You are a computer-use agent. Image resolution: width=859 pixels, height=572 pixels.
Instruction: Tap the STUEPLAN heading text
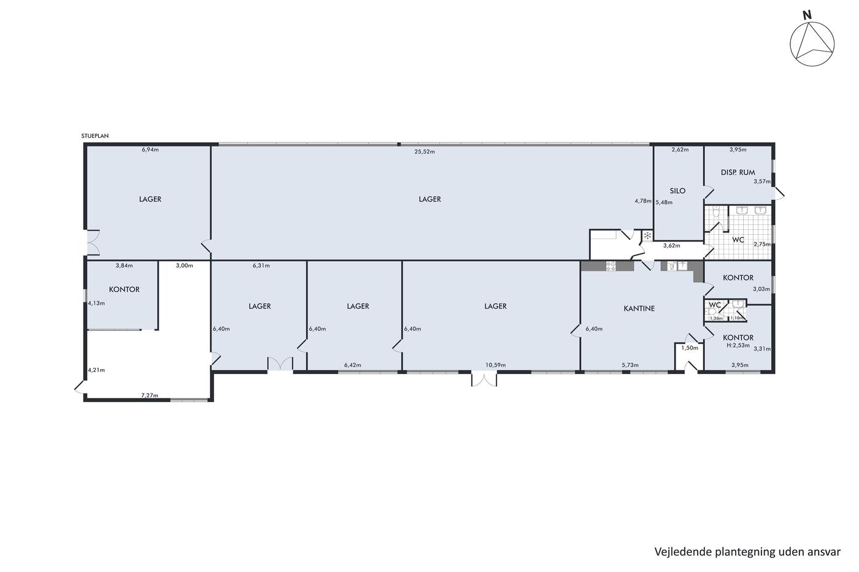pyautogui.click(x=94, y=136)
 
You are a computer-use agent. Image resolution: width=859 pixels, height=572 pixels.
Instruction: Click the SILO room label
pyautogui.click(x=677, y=191)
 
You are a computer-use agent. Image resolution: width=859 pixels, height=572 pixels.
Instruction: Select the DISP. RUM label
pyautogui.click(x=738, y=172)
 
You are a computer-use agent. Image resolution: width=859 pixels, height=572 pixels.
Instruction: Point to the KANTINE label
pyautogui.click(x=639, y=308)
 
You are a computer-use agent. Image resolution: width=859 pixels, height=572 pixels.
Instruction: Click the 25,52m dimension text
pyautogui.click(x=425, y=151)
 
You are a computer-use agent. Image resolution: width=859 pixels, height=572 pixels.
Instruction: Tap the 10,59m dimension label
pyautogui.click(x=496, y=365)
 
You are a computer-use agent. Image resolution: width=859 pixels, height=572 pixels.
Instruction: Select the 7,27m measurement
pyautogui.click(x=150, y=395)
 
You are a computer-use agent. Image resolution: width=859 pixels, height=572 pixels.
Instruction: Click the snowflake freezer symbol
pyautogui.click(x=647, y=236)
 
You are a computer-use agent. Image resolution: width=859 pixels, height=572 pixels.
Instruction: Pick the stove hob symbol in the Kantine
pyautogui.click(x=611, y=266)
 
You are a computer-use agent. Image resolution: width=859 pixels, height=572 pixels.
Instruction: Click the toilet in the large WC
pyautogui.click(x=715, y=213)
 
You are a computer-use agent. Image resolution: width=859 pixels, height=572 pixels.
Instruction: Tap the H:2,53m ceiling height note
pyautogui.click(x=738, y=345)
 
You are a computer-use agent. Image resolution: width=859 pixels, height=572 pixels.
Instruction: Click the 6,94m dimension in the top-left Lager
pyautogui.click(x=150, y=150)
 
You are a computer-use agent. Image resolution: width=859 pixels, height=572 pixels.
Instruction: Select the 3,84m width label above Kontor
pyautogui.click(x=124, y=265)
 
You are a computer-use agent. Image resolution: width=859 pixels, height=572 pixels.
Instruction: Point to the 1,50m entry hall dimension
pyautogui.click(x=690, y=348)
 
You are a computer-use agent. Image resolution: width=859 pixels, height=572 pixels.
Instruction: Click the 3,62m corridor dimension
pyautogui.click(x=671, y=246)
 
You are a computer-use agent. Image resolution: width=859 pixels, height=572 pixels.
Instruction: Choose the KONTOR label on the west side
pyautogui.click(x=124, y=289)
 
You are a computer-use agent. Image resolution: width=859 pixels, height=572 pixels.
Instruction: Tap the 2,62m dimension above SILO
pyautogui.click(x=680, y=150)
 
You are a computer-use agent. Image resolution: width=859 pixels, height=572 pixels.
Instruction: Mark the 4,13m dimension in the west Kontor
pyautogui.click(x=96, y=303)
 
